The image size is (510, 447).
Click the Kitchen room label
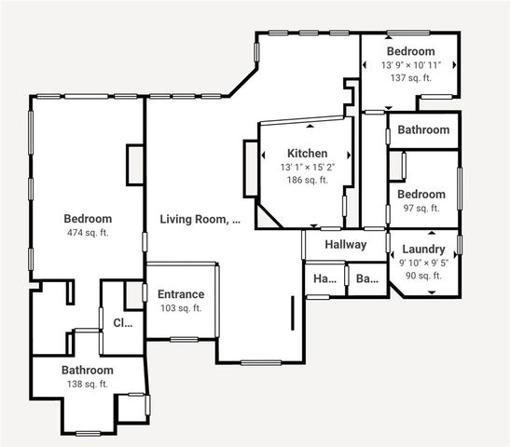(307, 154)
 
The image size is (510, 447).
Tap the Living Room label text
(200, 220)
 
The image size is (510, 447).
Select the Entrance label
(181, 294)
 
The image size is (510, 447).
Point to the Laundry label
(423, 250)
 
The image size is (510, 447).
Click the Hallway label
(345, 244)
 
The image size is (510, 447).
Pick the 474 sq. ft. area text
(88, 233)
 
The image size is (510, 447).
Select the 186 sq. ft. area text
(307, 181)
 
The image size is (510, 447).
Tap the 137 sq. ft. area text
(411, 79)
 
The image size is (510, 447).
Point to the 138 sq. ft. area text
(88, 384)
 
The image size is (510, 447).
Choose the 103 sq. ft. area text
(181, 308)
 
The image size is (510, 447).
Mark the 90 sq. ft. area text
(423, 276)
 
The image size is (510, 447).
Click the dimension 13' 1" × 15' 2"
(307, 168)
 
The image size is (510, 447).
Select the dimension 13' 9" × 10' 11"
(411, 66)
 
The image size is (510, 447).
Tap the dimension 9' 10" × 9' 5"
(423, 263)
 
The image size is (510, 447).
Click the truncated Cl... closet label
(123, 324)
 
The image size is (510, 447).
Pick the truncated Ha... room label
(324, 278)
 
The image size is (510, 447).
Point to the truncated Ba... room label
(367, 278)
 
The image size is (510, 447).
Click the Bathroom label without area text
(423, 130)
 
